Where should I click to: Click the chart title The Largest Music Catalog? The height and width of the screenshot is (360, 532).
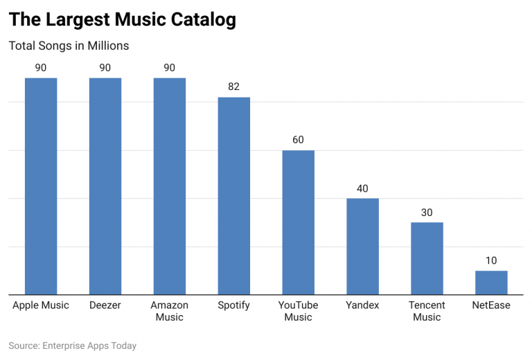pos(123,19)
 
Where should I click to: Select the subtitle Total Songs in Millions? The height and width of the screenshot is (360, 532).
pos(69,46)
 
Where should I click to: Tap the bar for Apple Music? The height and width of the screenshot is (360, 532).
pos(41,186)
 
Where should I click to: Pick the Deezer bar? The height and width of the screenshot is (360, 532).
pos(105,186)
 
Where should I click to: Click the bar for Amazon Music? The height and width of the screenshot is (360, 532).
pos(170,186)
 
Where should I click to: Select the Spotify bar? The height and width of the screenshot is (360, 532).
pos(234,195)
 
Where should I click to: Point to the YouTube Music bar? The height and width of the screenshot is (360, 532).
pos(298,222)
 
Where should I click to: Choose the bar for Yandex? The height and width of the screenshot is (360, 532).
pos(362,246)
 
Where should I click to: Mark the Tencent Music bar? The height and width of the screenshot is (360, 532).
pos(427,258)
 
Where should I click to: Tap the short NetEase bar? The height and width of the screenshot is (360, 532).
pos(491,282)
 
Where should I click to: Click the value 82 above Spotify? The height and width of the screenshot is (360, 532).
pos(234,87)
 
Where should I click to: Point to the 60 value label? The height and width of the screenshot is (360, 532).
pos(298,140)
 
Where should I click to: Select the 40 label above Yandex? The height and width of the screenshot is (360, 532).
pos(362,188)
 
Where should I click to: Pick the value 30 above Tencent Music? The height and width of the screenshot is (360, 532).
pos(427,213)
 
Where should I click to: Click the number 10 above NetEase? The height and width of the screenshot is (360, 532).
pos(491,261)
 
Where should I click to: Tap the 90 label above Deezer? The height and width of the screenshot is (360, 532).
pos(105,68)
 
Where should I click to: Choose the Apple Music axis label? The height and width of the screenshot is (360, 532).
pos(41,305)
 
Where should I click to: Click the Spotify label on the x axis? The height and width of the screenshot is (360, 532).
pos(234,305)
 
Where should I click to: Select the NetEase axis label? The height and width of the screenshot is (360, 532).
pos(491,305)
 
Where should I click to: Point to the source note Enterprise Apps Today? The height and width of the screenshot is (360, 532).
pos(73,345)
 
